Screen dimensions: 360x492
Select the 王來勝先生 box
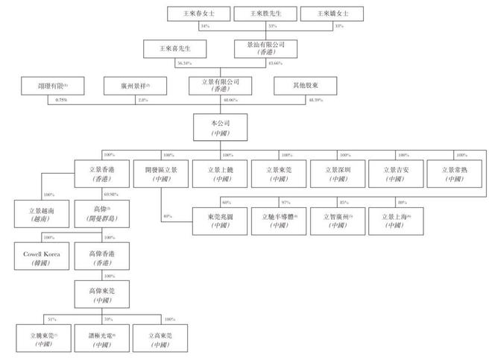tap(262, 13)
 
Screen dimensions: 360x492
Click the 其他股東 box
tap(304, 86)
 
